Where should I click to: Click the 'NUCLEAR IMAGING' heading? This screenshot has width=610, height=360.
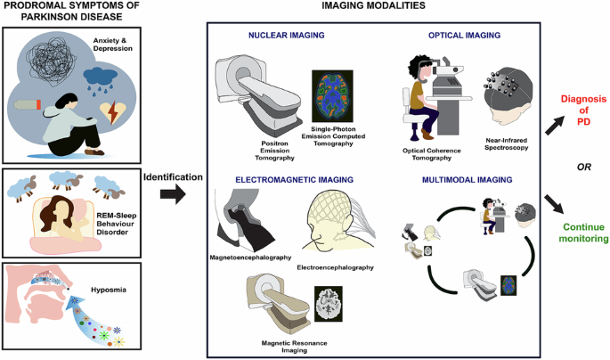click(x=273, y=36)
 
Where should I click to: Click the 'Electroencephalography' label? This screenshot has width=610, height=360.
click(x=333, y=266)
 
